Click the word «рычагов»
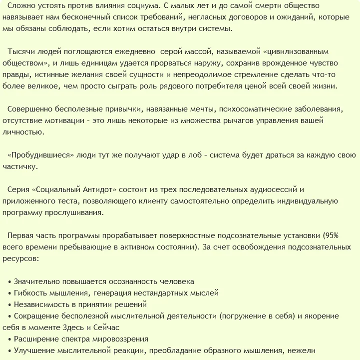click(249, 120)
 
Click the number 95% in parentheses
click(333, 235)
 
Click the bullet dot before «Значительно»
click(10, 281)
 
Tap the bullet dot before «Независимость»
click(10, 304)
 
